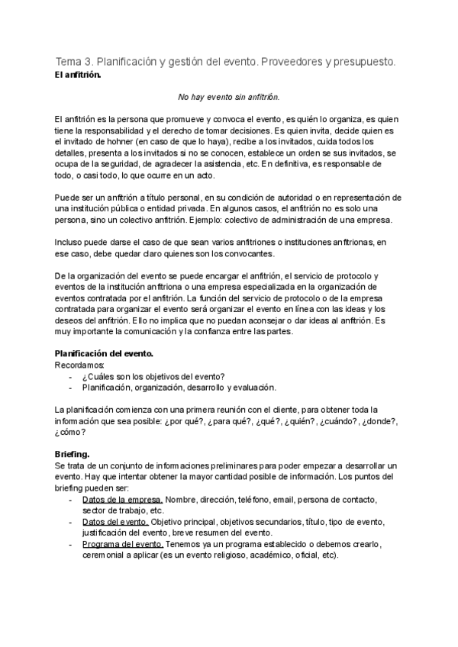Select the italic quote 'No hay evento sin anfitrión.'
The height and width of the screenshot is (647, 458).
click(x=229, y=98)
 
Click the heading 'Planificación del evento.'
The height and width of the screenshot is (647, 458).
click(x=105, y=354)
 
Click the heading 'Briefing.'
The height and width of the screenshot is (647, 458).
click(x=73, y=455)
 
